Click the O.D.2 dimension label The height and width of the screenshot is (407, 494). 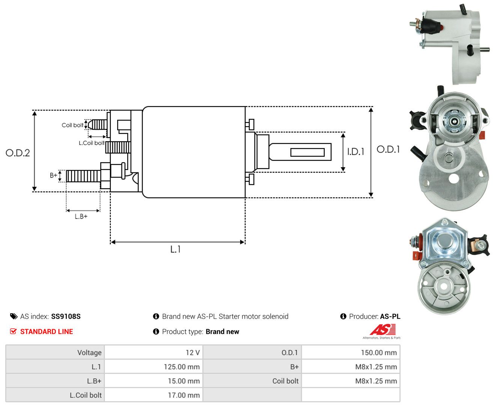18,153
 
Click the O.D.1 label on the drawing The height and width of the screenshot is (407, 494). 388,149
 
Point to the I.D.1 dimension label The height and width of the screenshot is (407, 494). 355,152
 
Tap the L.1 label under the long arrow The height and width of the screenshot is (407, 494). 176,249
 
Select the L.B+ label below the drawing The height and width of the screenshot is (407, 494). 81,216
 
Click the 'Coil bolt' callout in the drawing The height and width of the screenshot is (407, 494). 72,125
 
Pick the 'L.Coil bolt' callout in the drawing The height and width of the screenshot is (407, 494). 92,143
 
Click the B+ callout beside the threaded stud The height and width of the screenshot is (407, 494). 53,175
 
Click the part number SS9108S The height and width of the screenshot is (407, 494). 66,316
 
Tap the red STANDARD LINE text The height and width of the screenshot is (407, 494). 47,332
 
